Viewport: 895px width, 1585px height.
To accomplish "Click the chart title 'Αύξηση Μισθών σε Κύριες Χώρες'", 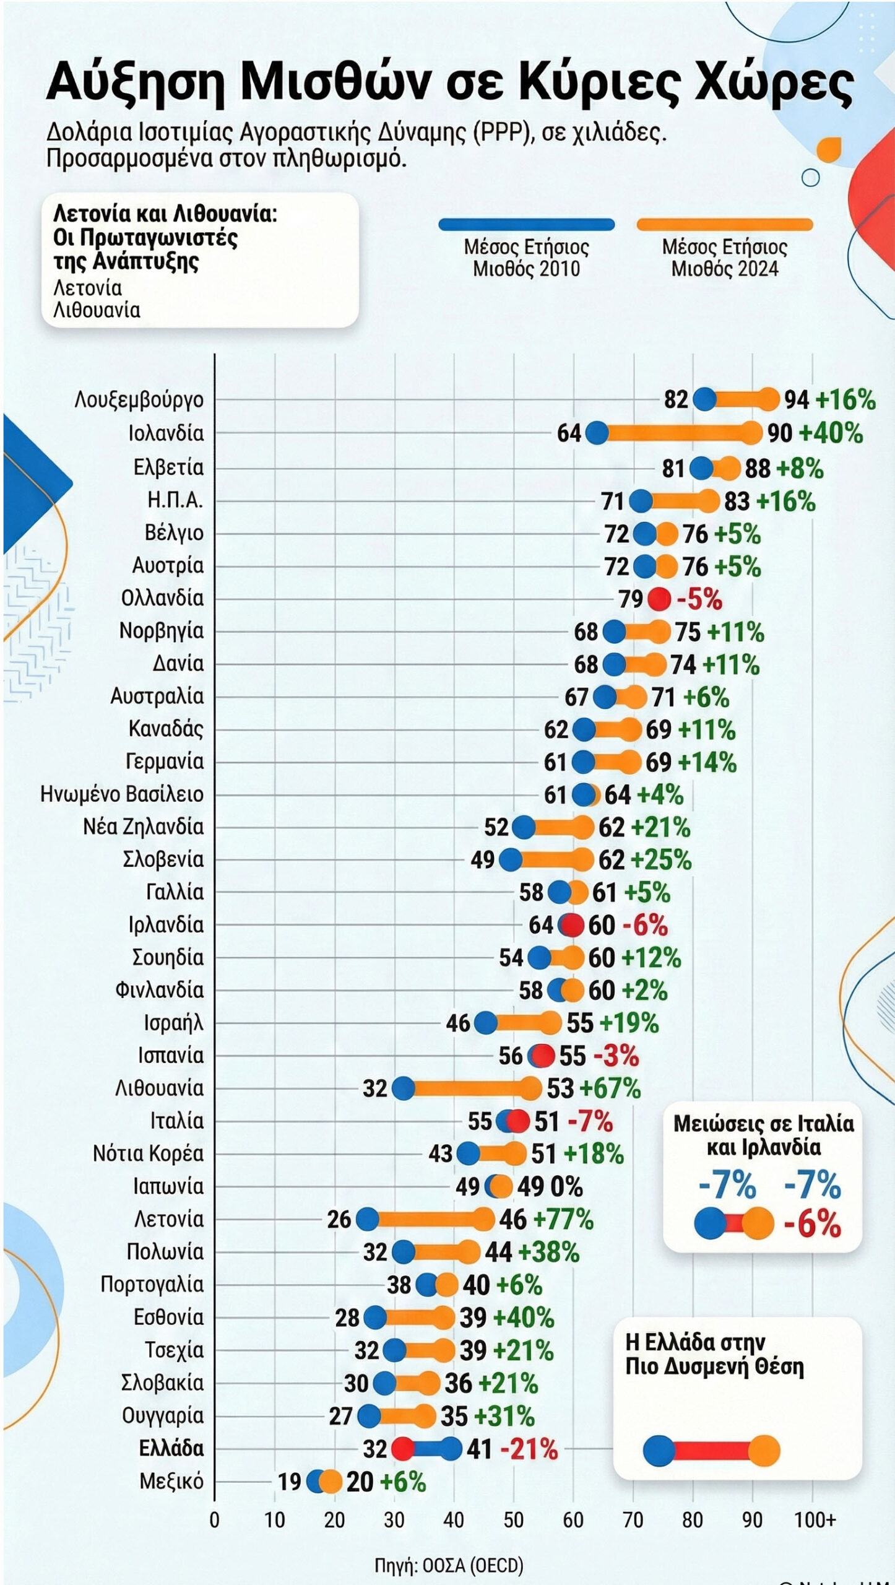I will (449, 82).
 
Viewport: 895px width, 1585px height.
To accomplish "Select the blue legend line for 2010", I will (526, 225).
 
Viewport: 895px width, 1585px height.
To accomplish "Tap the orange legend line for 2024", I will (724, 225).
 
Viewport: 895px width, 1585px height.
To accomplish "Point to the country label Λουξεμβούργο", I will (139, 400).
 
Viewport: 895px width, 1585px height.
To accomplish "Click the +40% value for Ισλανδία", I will (831, 433).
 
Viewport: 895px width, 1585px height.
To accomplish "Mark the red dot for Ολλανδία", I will (659, 599).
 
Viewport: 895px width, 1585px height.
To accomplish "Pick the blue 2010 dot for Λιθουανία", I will (403, 1088).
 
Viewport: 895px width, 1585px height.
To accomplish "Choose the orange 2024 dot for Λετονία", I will (483, 1220).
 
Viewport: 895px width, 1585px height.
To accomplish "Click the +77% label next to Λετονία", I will (563, 1220).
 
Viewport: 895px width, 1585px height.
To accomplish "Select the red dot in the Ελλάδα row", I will (403, 1449).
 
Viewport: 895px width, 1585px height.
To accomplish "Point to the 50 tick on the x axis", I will (513, 1520).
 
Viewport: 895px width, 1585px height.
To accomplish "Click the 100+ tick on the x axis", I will (815, 1520).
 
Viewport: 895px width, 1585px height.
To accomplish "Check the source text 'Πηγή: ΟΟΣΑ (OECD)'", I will (449, 1566).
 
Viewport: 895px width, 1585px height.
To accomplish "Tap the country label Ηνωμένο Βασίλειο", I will (122, 794).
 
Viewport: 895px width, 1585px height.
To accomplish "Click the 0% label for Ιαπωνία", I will (566, 1187).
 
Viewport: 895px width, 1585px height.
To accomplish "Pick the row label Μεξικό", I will (171, 1482).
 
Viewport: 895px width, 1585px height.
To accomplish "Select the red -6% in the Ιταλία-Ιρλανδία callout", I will (812, 1225).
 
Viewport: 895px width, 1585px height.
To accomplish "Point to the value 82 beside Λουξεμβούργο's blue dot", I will (676, 400).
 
